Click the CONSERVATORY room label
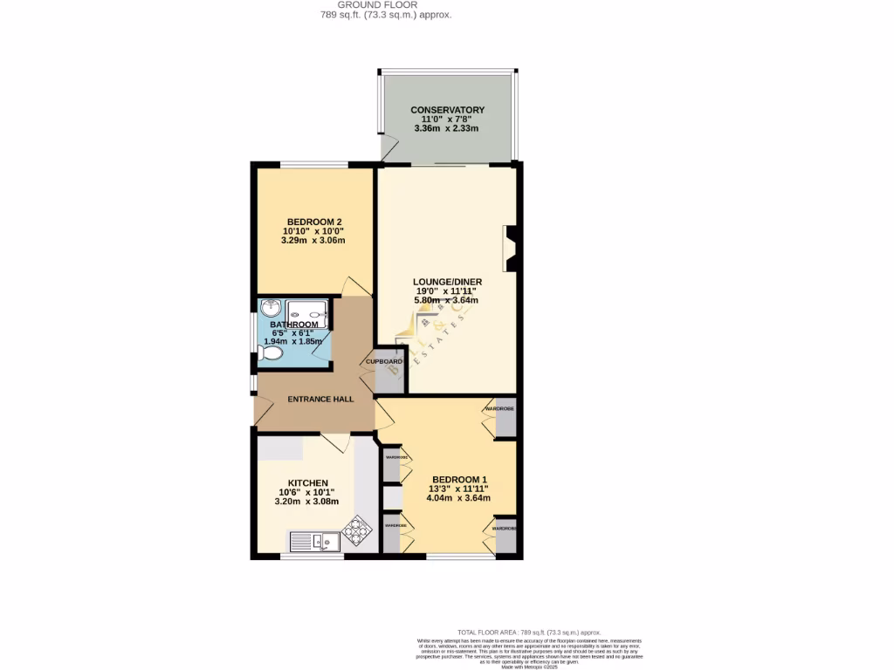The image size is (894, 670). (447, 110)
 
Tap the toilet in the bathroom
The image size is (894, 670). (270, 353)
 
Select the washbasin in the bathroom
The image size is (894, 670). (271, 307)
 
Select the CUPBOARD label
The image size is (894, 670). (383, 361)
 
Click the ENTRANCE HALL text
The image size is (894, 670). (320, 399)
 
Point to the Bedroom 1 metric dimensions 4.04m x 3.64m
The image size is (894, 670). (458, 498)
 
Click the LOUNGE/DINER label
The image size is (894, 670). (447, 282)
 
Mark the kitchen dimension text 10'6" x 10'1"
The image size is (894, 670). (302, 493)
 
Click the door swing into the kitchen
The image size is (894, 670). (337, 442)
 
